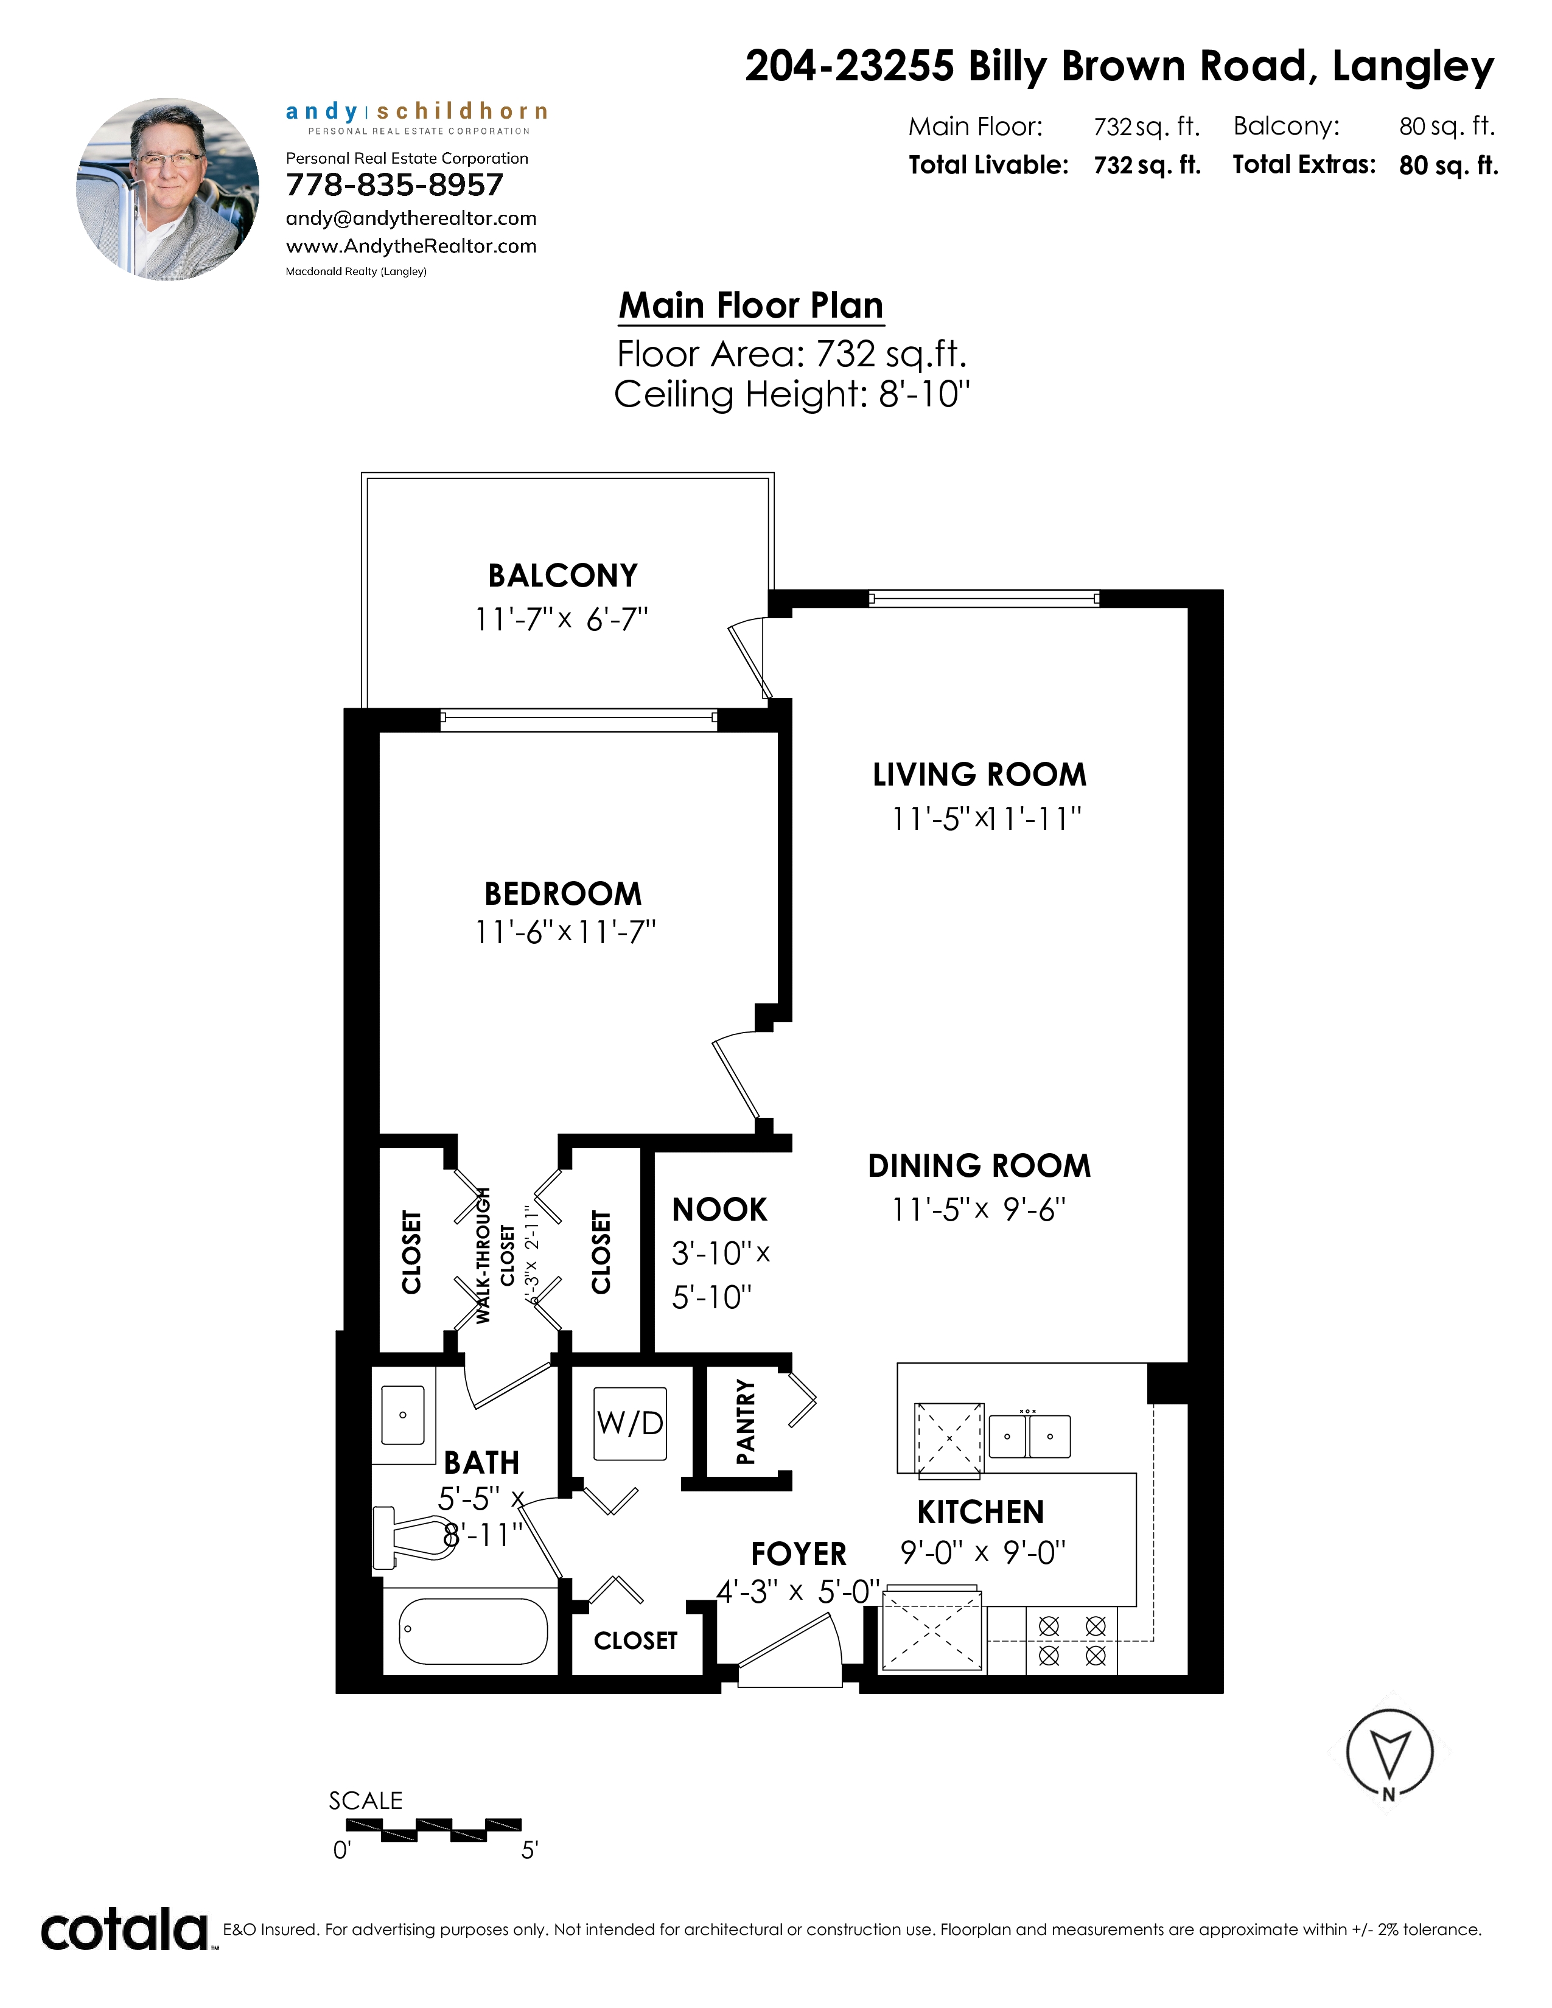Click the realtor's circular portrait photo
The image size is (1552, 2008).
click(167, 189)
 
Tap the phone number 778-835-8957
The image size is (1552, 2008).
click(394, 185)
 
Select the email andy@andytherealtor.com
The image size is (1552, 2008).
click(411, 219)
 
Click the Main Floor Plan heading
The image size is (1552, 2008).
click(751, 305)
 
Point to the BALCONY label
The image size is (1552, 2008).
click(563, 576)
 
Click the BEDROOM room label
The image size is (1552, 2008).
click(563, 894)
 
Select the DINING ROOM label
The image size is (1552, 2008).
click(979, 1166)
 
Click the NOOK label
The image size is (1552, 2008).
click(719, 1210)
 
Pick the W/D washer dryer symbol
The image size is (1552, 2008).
click(630, 1424)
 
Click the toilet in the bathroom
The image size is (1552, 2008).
click(414, 1537)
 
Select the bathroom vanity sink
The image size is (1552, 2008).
click(403, 1415)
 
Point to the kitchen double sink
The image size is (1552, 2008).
click(1029, 1436)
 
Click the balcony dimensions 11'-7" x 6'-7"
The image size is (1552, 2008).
click(562, 619)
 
